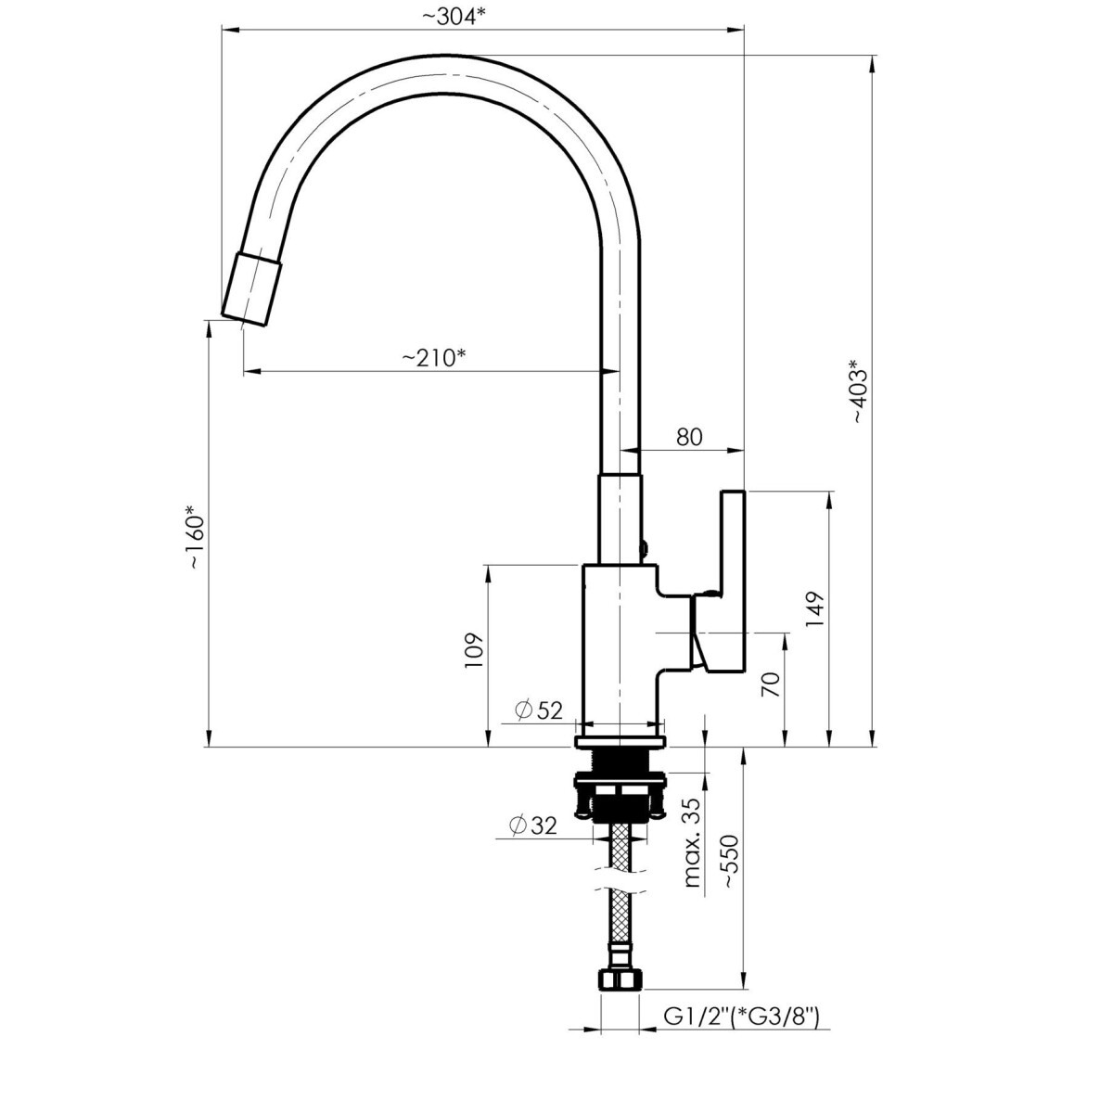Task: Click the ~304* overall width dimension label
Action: [453, 17]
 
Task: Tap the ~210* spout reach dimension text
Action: [434, 358]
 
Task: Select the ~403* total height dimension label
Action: [858, 391]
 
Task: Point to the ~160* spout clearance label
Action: [195, 537]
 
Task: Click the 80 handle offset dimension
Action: [689, 437]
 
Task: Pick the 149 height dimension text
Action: [815, 610]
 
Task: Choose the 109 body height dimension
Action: [473, 651]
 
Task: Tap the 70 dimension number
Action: [773, 684]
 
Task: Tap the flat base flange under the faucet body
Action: [620, 742]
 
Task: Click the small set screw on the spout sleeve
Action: [644, 545]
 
